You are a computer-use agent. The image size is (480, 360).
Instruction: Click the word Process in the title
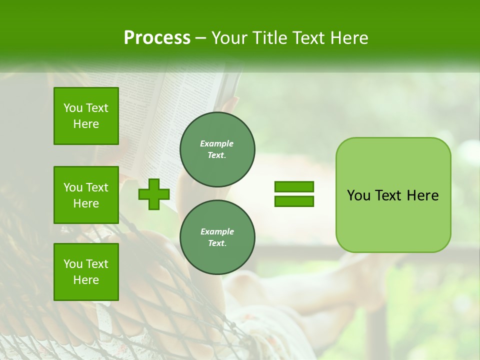tap(157, 38)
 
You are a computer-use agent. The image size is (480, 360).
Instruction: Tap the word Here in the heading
tap(349, 38)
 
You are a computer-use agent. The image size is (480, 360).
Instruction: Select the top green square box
tap(86, 116)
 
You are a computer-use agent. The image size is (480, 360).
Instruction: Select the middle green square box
tap(86, 195)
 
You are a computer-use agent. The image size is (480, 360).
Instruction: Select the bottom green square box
tap(86, 271)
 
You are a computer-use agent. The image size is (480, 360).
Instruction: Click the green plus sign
tap(154, 194)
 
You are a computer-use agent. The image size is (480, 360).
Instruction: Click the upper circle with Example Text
tap(217, 149)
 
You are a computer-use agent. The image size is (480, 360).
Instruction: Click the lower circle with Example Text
tap(217, 237)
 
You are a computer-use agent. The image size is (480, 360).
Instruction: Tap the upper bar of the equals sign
tap(294, 187)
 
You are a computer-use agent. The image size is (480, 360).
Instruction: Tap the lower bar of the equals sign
tap(294, 201)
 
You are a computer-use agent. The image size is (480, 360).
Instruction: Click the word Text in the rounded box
tap(388, 195)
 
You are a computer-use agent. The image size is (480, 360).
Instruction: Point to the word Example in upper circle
tap(217, 143)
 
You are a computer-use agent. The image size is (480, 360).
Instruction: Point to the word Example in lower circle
tap(217, 231)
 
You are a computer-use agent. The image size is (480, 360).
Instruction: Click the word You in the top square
tap(73, 108)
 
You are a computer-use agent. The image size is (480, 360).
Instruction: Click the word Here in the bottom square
tap(86, 280)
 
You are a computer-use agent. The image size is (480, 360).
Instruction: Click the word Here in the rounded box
tap(422, 195)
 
